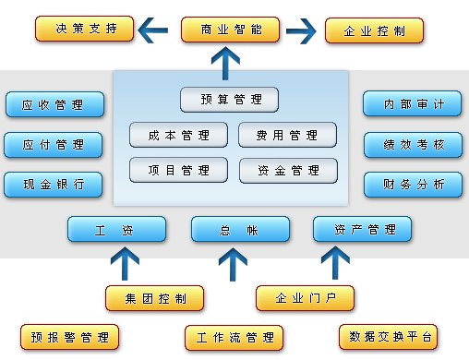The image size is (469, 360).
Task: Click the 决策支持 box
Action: [x=84, y=30]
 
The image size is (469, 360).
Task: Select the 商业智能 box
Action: [x=230, y=30]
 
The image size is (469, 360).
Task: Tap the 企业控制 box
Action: [x=375, y=30]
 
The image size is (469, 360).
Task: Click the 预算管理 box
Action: [x=229, y=99]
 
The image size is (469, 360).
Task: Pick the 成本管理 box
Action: [x=179, y=135]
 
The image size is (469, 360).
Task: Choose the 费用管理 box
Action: [x=288, y=135]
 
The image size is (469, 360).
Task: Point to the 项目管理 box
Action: [x=179, y=170]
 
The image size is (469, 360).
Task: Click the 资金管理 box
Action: [x=288, y=170]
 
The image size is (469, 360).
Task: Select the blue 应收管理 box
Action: [x=54, y=104]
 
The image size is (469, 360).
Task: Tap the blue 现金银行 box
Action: [x=54, y=184]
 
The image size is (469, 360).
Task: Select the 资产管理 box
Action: [x=361, y=229]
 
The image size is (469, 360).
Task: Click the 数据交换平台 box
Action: [x=386, y=335]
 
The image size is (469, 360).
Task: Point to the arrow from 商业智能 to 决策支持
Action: [x=155, y=31]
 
